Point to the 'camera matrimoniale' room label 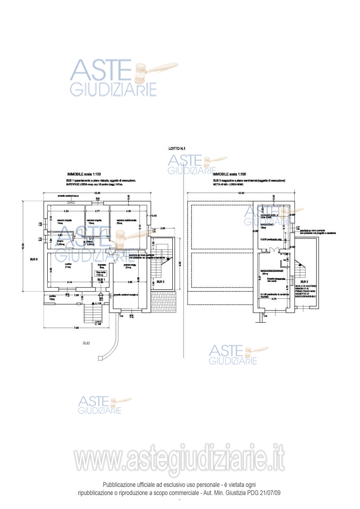[126, 220]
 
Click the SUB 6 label [34, 259]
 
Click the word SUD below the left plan [86, 343]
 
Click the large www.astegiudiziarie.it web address [180, 459]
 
